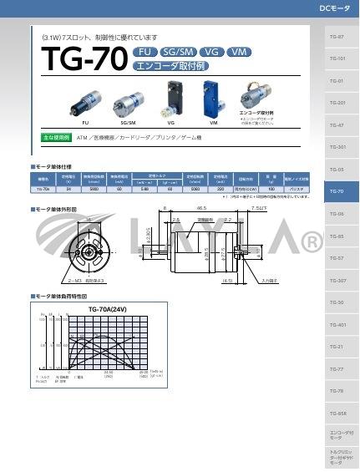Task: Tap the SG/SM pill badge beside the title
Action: pos(177,52)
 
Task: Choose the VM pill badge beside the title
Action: pos(239,52)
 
